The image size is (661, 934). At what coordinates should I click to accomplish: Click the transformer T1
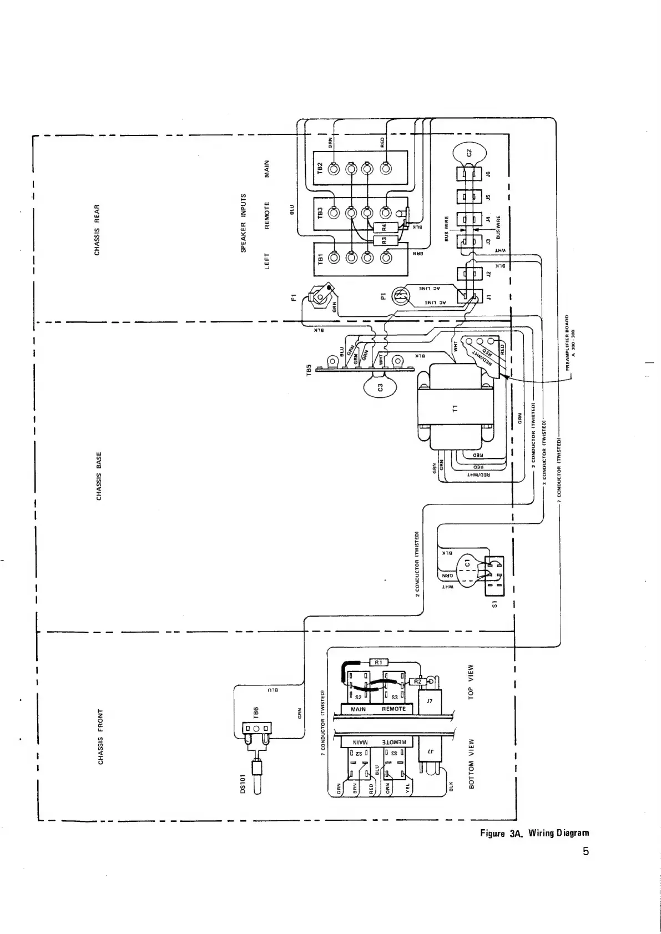pyautogui.click(x=455, y=409)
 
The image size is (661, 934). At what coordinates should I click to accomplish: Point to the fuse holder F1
pyautogui.click(x=321, y=292)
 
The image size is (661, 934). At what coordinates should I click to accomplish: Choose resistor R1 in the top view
pyautogui.click(x=379, y=662)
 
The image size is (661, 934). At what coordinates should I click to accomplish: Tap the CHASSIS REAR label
pyautogui.click(x=98, y=230)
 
